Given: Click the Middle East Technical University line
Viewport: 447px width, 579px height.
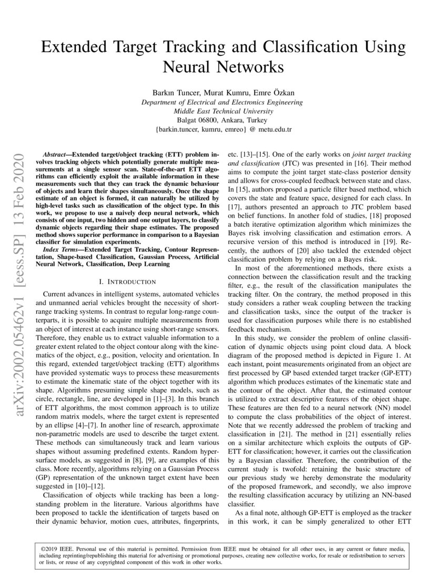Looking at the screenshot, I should pos(223,111).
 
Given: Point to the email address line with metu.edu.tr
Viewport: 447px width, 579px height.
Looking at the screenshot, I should pos(223,129).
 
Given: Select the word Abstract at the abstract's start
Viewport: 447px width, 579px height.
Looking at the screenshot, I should pos(56,156).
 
